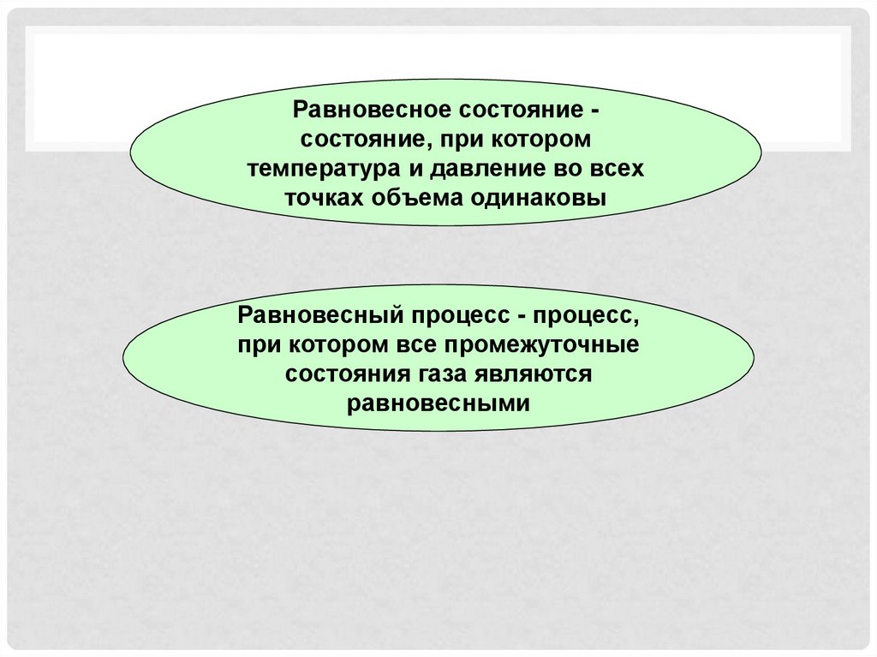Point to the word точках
point(325,198)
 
